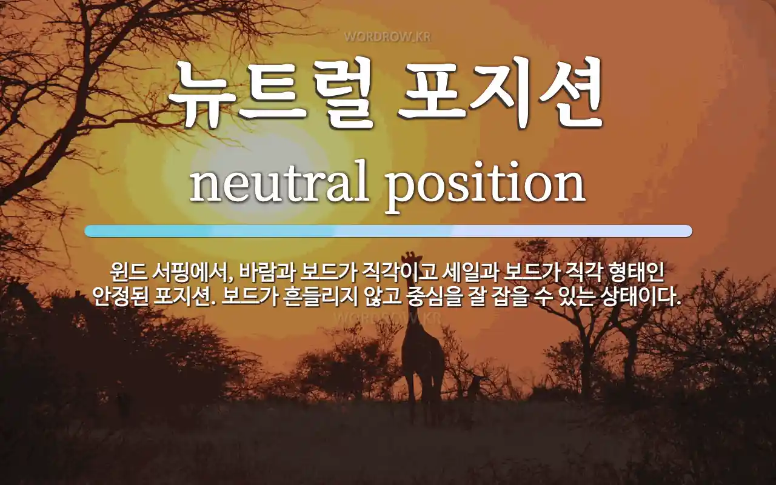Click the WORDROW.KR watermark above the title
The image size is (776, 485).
point(387,37)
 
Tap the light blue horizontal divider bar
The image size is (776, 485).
point(389,231)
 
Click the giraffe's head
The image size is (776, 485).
point(412,259)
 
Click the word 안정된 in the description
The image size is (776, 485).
point(120,296)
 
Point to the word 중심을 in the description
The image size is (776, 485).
point(435,296)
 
